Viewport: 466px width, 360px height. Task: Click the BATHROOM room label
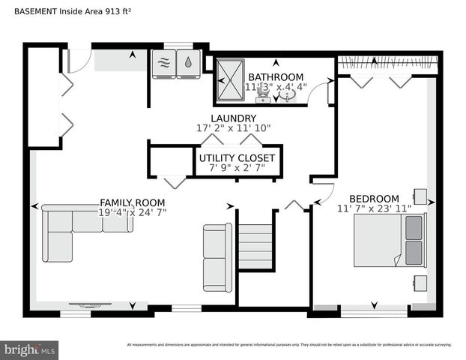[x=276, y=76]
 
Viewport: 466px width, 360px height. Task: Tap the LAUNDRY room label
[x=233, y=118]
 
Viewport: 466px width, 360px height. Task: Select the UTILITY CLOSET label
[x=237, y=158]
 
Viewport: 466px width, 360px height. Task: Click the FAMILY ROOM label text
[x=133, y=203]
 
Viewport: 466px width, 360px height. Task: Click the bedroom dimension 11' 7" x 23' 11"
[x=374, y=208]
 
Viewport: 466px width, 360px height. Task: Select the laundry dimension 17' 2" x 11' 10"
[x=233, y=129]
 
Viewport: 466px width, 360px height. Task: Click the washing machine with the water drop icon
[x=188, y=64]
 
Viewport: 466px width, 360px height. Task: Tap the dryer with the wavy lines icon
[x=163, y=64]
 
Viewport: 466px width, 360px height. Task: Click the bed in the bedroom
[x=389, y=239]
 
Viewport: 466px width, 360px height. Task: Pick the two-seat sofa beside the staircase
[x=217, y=256]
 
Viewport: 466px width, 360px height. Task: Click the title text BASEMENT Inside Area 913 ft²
[x=67, y=11]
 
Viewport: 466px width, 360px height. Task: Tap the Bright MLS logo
[x=30, y=349]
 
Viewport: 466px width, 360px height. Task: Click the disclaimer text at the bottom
[x=289, y=345]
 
